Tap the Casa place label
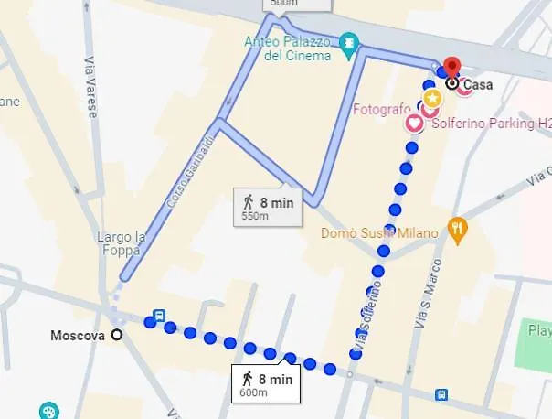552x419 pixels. [478, 85]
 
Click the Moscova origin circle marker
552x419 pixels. [116, 335]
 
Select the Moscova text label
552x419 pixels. [76, 336]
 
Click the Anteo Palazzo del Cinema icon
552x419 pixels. [347, 42]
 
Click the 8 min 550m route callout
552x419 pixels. [266, 207]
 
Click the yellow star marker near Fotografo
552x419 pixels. [431, 97]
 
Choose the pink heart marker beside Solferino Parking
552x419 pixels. [413, 122]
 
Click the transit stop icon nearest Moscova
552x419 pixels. [160, 316]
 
